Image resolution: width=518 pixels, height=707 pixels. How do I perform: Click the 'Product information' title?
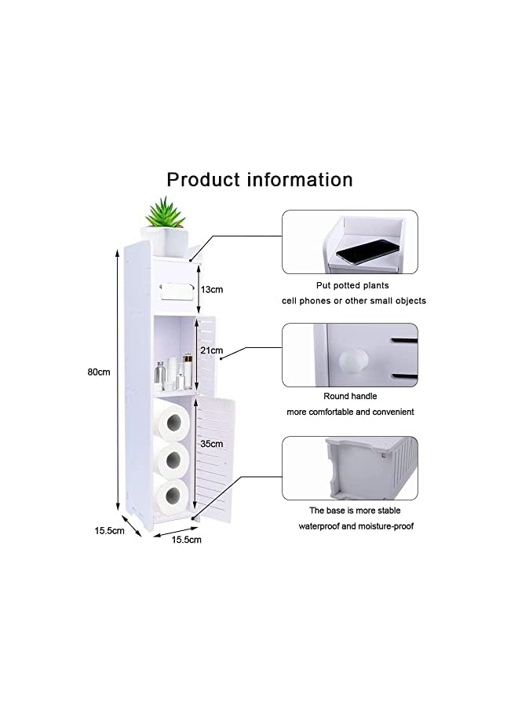259,180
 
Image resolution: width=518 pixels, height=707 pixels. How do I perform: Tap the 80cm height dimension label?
98,372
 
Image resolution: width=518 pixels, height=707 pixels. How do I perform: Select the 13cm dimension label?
212,289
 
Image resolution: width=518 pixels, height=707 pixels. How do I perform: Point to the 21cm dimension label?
212,350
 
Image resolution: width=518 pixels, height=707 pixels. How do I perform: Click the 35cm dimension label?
212,443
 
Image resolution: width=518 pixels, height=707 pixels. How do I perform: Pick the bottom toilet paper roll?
171,495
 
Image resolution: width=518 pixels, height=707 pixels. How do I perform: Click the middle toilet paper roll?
171,459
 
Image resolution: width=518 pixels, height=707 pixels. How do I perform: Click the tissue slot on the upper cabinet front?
173,290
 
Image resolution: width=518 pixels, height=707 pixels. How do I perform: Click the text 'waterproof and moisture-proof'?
356,526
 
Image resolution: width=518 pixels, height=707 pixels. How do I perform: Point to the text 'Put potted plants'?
352,286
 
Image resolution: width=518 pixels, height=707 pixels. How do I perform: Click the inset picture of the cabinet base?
350,468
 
